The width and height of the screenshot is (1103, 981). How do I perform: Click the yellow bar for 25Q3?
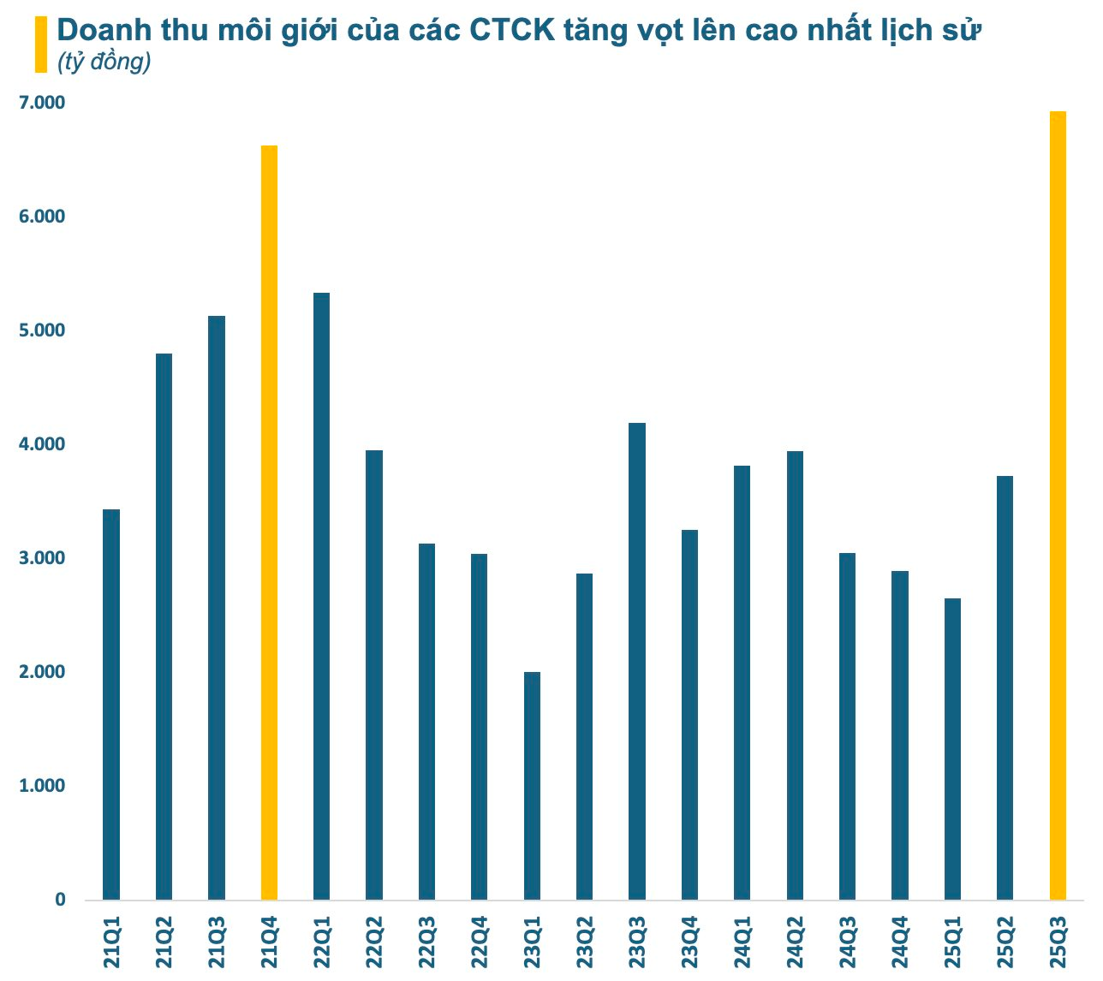(1058, 505)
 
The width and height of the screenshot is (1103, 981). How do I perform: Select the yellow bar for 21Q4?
(269, 522)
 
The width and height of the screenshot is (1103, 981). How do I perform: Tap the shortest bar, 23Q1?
(532, 786)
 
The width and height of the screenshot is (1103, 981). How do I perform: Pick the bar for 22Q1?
(321, 596)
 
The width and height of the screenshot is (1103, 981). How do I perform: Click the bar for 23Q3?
(637, 661)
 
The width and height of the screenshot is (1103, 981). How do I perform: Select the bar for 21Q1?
(111, 704)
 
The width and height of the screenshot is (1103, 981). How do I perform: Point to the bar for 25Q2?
(1005, 687)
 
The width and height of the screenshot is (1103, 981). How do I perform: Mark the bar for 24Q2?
(795, 675)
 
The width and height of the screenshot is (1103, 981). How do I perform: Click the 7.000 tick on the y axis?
(43, 103)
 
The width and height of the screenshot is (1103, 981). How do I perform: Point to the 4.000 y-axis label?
(43, 444)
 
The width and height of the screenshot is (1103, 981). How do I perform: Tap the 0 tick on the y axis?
(60, 900)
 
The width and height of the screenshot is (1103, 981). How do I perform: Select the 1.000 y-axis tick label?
(43, 786)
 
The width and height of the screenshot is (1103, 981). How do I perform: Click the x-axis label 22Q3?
(426, 943)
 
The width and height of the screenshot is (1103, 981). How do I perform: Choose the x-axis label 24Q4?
(900, 943)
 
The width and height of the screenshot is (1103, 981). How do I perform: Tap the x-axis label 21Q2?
(164, 943)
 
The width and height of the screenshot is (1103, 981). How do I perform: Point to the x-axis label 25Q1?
(952, 943)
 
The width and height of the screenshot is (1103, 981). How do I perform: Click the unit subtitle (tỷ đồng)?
(104, 62)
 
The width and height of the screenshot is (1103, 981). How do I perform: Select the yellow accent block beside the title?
(40, 45)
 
